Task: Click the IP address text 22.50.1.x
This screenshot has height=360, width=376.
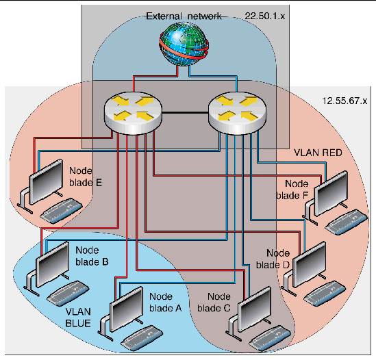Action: tap(268, 14)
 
